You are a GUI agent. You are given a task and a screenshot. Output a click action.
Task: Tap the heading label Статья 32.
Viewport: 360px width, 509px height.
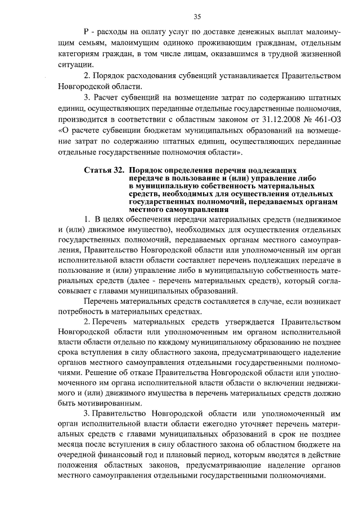pyautogui.click(x=103, y=170)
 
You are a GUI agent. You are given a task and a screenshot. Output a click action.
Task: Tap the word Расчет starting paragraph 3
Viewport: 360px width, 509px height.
pyautogui.click(x=112, y=98)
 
